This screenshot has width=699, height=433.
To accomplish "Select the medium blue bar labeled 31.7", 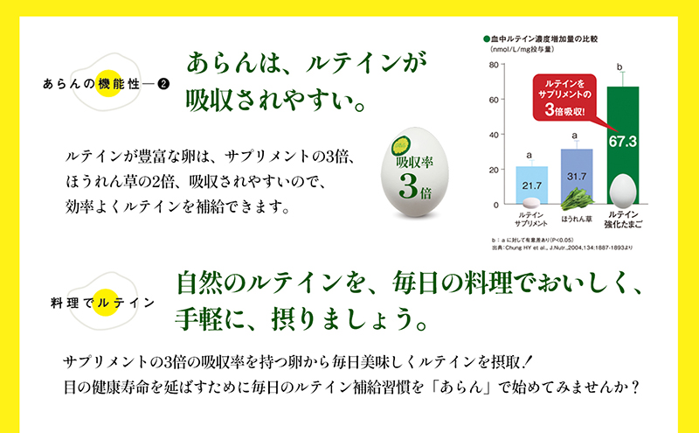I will (x=577, y=175).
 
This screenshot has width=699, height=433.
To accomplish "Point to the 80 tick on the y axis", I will (x=495, y=65).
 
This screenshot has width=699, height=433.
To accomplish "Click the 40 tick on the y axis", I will (x=495, y=135).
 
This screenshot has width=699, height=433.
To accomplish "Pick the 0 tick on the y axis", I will (x=496, y=204).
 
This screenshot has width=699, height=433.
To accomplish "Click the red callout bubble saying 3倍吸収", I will (x=564, y=96).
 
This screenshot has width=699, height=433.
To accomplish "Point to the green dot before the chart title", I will (x=485, y=39).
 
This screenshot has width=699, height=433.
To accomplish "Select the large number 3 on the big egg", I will (x=413, y=185).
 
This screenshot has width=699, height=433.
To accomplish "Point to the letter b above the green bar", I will (x=621, y=66).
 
